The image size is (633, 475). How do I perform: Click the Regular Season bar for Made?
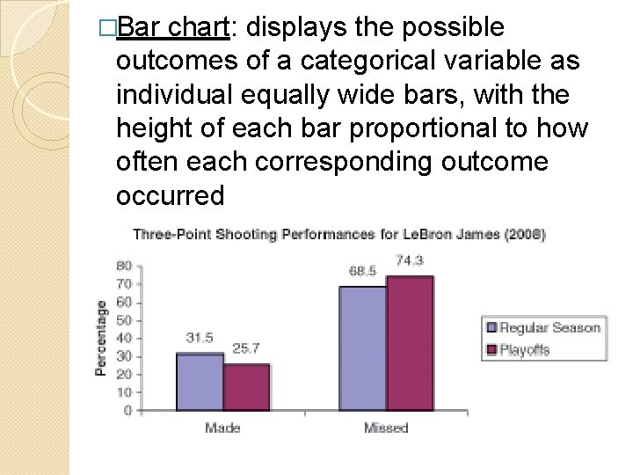[200, 382]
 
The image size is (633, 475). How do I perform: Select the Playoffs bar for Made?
[245, 387]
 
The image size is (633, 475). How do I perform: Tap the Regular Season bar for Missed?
[362, 348]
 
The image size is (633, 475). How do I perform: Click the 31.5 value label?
[200, 338]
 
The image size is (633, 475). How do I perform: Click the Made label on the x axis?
[223, 428]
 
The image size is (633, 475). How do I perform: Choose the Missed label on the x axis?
[386, 428]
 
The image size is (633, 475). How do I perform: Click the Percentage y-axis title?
[102, 339]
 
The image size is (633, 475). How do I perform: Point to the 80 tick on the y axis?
[124, 266]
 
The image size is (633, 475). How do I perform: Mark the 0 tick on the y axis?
[128, 410]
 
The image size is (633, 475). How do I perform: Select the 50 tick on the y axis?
[124, 320]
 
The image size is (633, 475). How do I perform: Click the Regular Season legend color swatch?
[491, 328]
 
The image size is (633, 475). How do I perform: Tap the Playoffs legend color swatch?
[491, 349]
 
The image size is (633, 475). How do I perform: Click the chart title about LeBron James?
[338, 234]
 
